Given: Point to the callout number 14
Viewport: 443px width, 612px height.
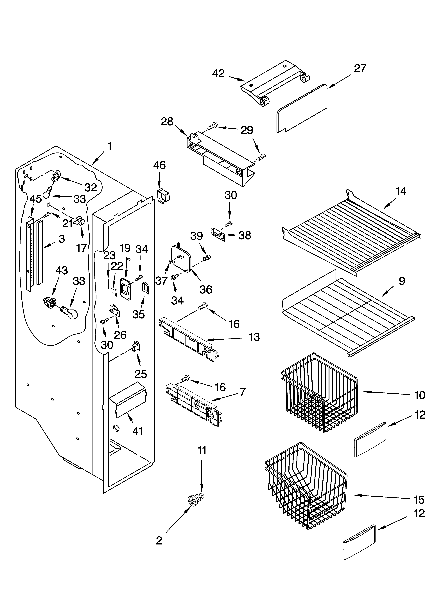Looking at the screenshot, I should click(x=401, y=191).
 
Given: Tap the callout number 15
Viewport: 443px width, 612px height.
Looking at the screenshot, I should click(x=419, y=500).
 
